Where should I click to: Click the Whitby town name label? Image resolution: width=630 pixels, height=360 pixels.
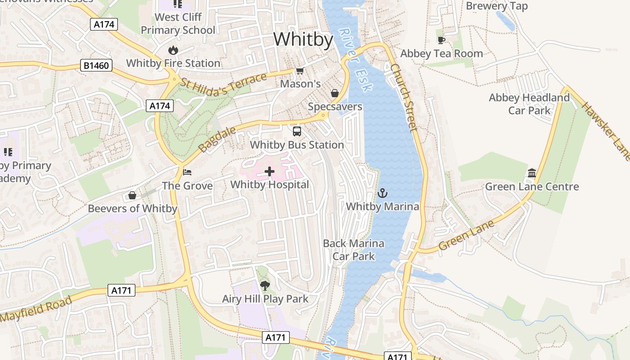tap(303, 40)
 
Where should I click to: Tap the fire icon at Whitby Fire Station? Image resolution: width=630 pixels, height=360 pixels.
tap(173, 50)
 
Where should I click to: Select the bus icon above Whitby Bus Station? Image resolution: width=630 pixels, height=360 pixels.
tap(297, 131)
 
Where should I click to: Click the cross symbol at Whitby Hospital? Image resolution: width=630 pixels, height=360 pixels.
tap(270, 171)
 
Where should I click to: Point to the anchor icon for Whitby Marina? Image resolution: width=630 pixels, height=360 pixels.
tap(382, 193)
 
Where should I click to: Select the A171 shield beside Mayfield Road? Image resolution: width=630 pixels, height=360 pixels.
tap(122, 290)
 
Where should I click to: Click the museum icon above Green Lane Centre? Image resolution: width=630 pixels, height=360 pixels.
tap(532, 173)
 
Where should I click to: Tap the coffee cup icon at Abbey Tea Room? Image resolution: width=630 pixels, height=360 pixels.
tap(441, 40)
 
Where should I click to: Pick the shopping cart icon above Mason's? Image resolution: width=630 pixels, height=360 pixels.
tap(300, 71)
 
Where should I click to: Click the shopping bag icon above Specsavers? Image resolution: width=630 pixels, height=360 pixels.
tap(335, 93)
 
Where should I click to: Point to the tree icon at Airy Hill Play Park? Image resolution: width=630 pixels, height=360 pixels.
tap(265, 285)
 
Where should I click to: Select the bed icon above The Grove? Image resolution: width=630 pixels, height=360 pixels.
tap(187, 172)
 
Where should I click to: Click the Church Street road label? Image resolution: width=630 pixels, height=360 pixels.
tap(404, 97)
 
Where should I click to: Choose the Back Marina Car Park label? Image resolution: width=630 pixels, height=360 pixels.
tap(354, 250)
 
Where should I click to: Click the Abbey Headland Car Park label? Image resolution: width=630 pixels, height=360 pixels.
tap(529, 104)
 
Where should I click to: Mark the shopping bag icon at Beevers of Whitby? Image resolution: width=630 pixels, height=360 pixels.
tap(132, 195)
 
